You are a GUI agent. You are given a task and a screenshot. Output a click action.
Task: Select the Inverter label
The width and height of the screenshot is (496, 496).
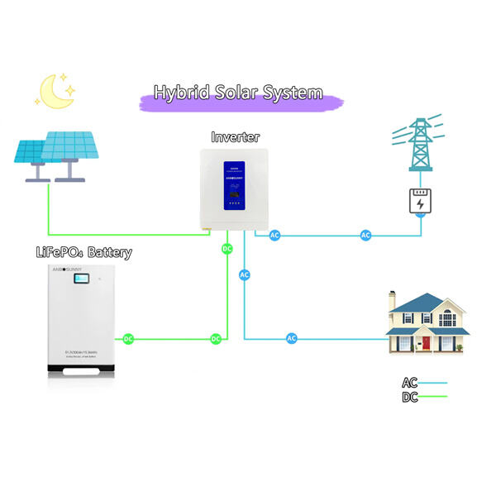click(x=236, y=136)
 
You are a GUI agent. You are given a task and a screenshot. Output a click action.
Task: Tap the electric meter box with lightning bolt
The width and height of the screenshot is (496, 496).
click(x=421, y=202)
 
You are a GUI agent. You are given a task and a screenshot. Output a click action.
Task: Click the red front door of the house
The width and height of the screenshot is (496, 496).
click(x=427, y=342)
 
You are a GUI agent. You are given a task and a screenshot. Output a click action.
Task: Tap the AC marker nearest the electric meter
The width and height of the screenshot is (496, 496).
click(x=365, y=236)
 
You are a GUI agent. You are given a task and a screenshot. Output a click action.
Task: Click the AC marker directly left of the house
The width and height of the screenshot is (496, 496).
click(x=291, y=338)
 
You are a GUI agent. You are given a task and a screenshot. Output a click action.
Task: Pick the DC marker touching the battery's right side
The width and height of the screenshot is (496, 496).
click(x=128, y=338)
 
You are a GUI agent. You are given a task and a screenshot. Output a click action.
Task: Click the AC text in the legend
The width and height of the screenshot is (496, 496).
click(x=410, y=383)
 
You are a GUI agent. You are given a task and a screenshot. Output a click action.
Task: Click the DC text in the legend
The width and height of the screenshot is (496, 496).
click(x=410, y=397)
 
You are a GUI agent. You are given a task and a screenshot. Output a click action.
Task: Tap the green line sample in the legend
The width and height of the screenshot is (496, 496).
click(x=433, y=397)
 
